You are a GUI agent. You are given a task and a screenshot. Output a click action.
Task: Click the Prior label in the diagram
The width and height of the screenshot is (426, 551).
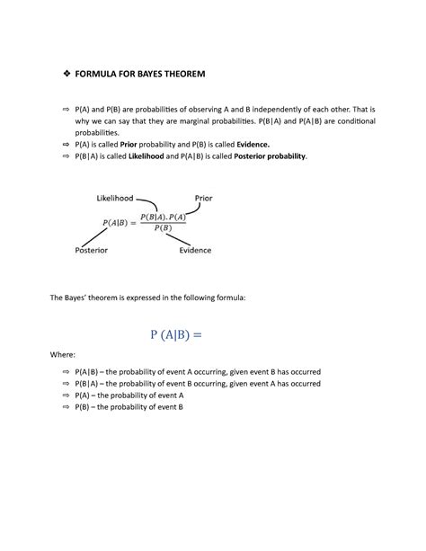tap(204, 197)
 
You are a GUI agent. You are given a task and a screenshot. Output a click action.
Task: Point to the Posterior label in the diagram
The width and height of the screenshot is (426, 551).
tap(94, 251)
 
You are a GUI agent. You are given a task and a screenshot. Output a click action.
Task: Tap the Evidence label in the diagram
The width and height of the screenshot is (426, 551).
tap(194, 251)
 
